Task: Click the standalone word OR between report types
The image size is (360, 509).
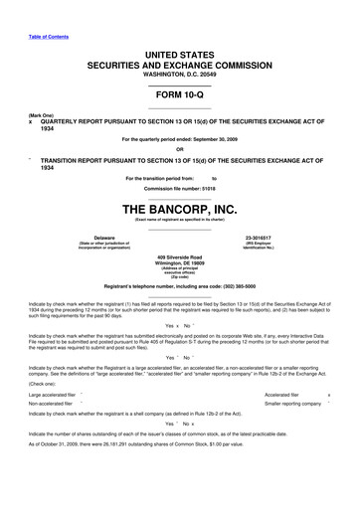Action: (x=179, y=150)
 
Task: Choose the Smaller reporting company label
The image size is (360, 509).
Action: (x=294, y=404)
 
